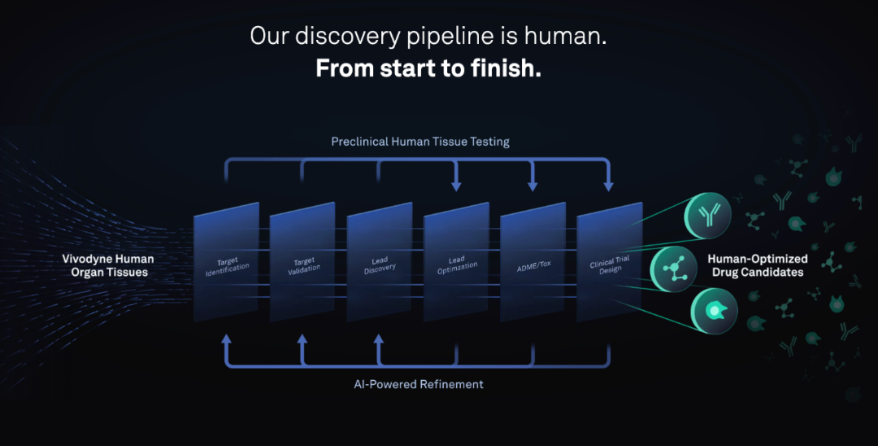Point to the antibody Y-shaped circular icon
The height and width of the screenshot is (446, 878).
[x=708, y=214]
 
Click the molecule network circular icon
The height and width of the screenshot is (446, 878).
[x=674, y=269]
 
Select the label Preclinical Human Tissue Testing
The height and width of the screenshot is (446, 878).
[x=420, y=142]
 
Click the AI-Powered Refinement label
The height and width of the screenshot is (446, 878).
[x=419, y=384]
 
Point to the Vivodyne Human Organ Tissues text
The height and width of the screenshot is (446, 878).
[x=108, y=265]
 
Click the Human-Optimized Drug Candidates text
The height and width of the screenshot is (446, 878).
[x=758, y=265]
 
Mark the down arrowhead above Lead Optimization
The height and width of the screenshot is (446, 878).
[x=456, y=187]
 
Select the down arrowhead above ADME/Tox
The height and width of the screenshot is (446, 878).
[x=532, y=187]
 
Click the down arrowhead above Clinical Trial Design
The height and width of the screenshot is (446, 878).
[x=609, y=187]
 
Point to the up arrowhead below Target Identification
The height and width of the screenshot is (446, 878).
[x=227, y=338]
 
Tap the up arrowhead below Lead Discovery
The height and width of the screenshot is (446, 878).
[x=379, y=338]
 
